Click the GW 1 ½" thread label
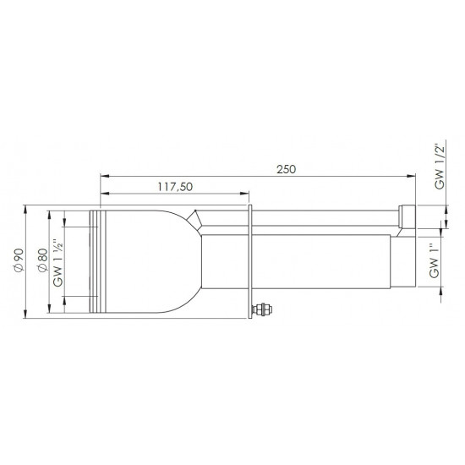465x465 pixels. (60, 260)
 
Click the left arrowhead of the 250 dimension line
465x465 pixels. (103, 176)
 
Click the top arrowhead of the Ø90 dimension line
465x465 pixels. (27, 207)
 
